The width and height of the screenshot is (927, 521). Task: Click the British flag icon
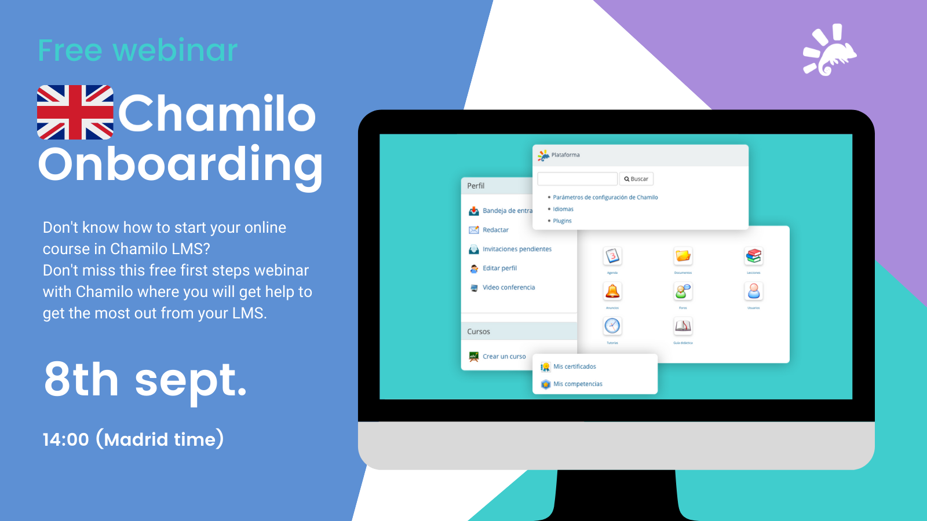point(75,112)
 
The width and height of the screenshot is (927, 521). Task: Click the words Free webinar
point(138,50)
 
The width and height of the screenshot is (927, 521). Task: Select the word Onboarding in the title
point(180,165)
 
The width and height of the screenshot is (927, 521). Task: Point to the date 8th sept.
point(145,380)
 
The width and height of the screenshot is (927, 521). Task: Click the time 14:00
point(65,439)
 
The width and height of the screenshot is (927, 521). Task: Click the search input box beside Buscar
point(577,179)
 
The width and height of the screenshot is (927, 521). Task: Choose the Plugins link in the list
point(562,221)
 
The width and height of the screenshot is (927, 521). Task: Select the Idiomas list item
point(563,209)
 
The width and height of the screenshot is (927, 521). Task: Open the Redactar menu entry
point(495,230)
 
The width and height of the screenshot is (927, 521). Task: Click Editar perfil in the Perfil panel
point(499,268)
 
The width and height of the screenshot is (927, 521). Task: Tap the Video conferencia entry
point(509,287)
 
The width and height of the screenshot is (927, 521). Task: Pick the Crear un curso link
point(504,357)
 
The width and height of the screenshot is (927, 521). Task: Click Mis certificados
point(574,366)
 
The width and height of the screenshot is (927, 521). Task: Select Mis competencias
point(578,384)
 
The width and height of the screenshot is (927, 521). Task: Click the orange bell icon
point(612,291)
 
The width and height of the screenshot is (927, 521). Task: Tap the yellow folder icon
point(683,256)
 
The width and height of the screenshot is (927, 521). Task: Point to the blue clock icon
point(612,326)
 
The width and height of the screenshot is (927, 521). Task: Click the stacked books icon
point(754,256)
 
